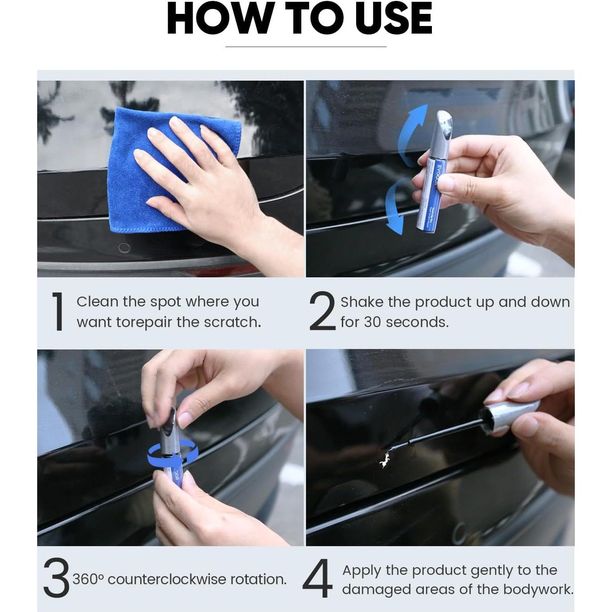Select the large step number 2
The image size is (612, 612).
point(322,311)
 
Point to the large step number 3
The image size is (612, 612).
point(56,578)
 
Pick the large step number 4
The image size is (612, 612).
point(318,578)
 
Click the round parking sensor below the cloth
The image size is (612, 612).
point(124,248)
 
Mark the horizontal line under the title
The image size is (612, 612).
point(306,47)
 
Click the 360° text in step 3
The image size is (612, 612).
point(88,579)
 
